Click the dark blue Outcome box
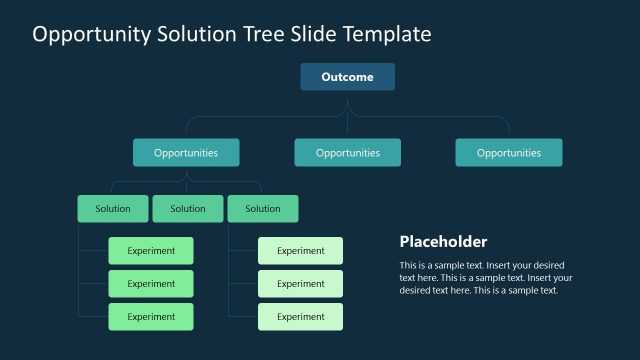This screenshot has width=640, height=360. [x=347, y=77]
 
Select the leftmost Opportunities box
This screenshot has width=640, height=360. [x=186, y=153]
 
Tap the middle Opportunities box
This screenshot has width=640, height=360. [x=347, y=153]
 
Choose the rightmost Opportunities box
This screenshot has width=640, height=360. [x=508, y=153]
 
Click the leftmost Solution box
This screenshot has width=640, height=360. [x=113, y=209]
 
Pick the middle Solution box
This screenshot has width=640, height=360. [x=188, y=209]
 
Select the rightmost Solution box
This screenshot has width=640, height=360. [x=263, y=209]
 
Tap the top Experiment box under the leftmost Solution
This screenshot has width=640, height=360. [x=151, y=251]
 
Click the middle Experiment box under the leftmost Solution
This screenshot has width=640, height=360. [x=151, y=284]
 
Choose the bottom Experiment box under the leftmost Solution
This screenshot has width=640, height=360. [x=151, y=317]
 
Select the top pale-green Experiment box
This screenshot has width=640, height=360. [x=300, y=251]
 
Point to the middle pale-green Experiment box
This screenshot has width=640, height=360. [x=300, y=284]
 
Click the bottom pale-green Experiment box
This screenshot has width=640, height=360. [x=300, y=317]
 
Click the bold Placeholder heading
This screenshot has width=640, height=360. [x=443, y=242]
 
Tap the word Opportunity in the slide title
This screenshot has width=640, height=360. [x=91, y=34]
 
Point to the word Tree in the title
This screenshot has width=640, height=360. [x=261, y=34]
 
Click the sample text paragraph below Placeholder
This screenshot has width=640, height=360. [x=485, y=277]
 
